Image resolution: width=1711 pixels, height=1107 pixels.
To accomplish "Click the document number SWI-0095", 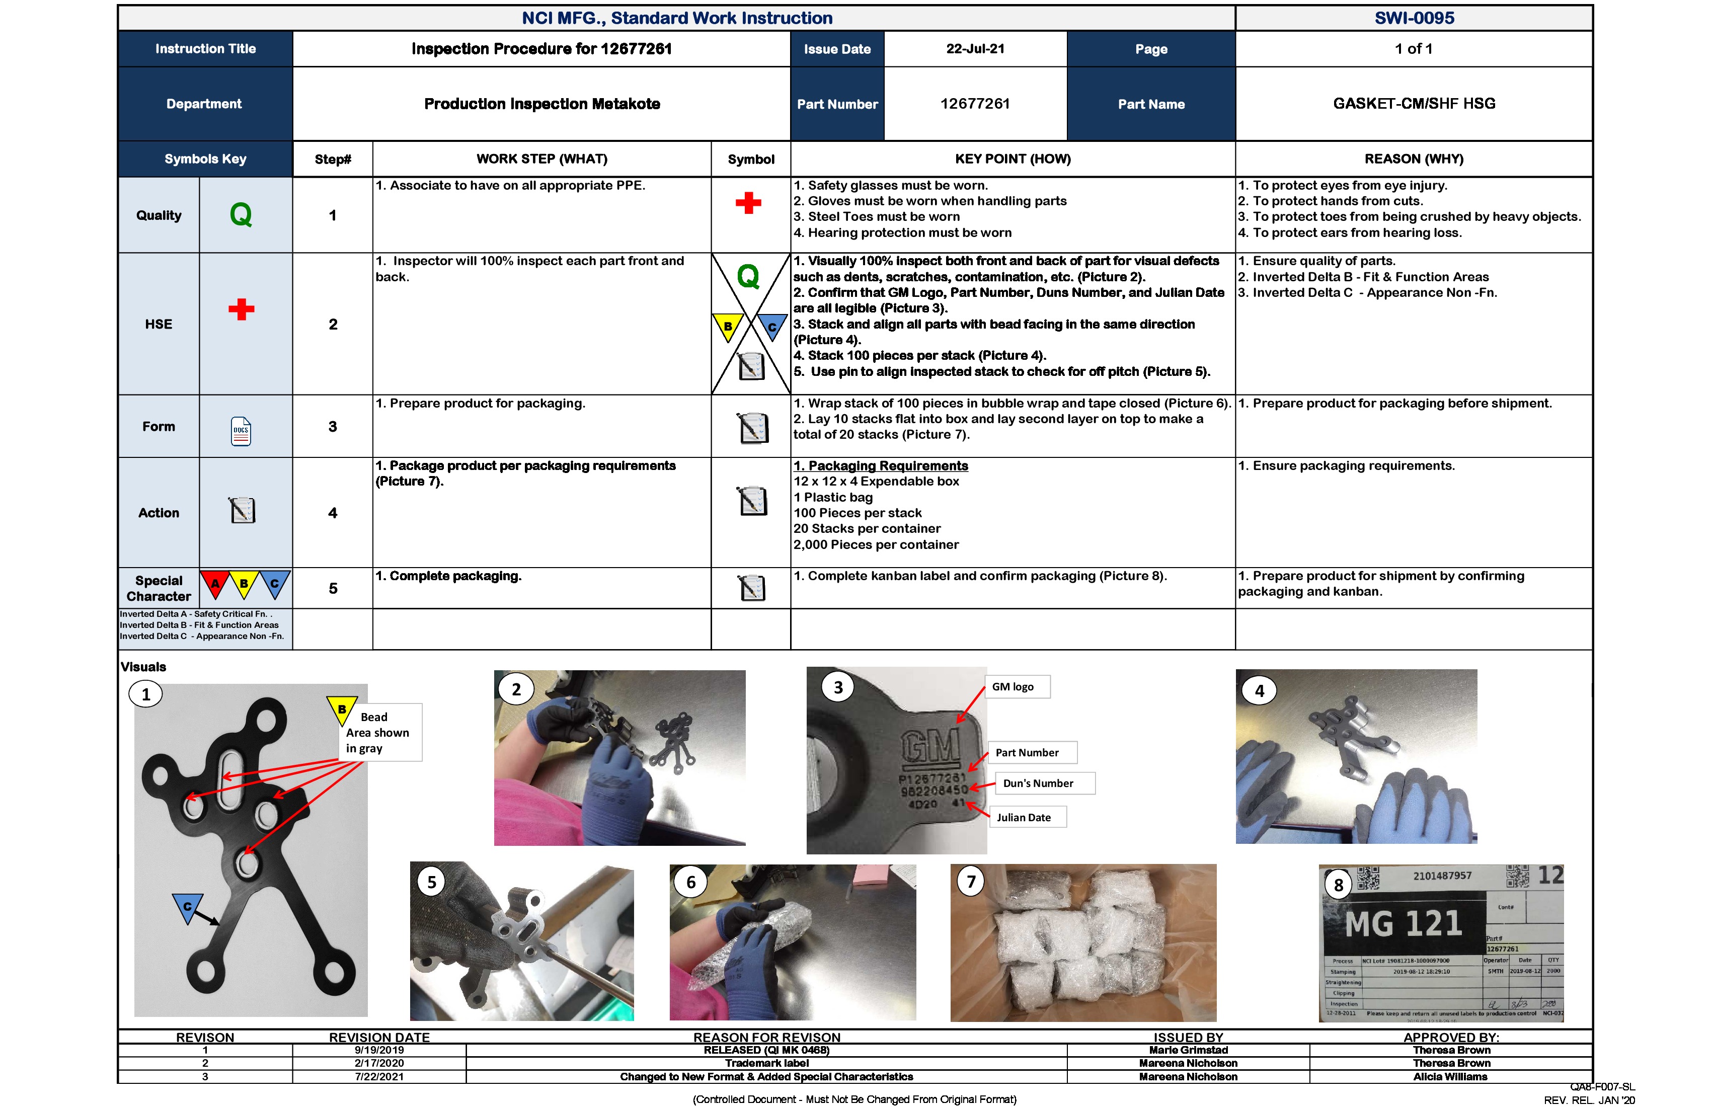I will [x=1414, y=18].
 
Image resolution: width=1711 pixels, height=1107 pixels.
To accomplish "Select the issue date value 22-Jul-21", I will [x=975, y=49].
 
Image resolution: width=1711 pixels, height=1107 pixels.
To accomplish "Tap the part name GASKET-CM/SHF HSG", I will [x=1414, y=104].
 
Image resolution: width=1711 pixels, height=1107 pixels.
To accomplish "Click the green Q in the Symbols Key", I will [x=241, y=214].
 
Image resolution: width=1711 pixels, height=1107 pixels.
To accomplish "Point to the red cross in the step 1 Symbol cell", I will [x=748, y=203].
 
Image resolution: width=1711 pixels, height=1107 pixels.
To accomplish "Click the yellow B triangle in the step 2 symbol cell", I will [x=728, y=326].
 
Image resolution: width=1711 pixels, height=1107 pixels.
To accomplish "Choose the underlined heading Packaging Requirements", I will [x=881, y=466].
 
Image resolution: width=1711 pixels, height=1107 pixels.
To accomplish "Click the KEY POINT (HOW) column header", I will [x=1012, y=159].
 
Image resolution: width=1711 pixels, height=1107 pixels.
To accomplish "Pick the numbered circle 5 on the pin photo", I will [x=431, y=882].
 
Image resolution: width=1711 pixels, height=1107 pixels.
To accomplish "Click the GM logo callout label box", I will [x=1017, y=686].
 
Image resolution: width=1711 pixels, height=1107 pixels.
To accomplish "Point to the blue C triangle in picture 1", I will [x=187, y=906].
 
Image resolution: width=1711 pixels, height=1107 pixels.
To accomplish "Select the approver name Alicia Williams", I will [x=1450, y=1077].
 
